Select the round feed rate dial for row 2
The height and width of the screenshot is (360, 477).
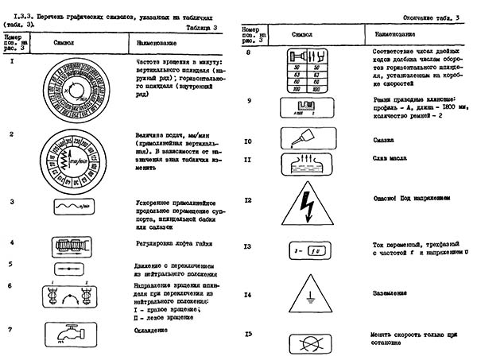point(77,158)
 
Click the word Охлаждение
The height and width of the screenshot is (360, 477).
point(153,329)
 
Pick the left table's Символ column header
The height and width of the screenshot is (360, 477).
point(65,39)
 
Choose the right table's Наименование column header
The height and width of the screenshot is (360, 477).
point(389,35)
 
